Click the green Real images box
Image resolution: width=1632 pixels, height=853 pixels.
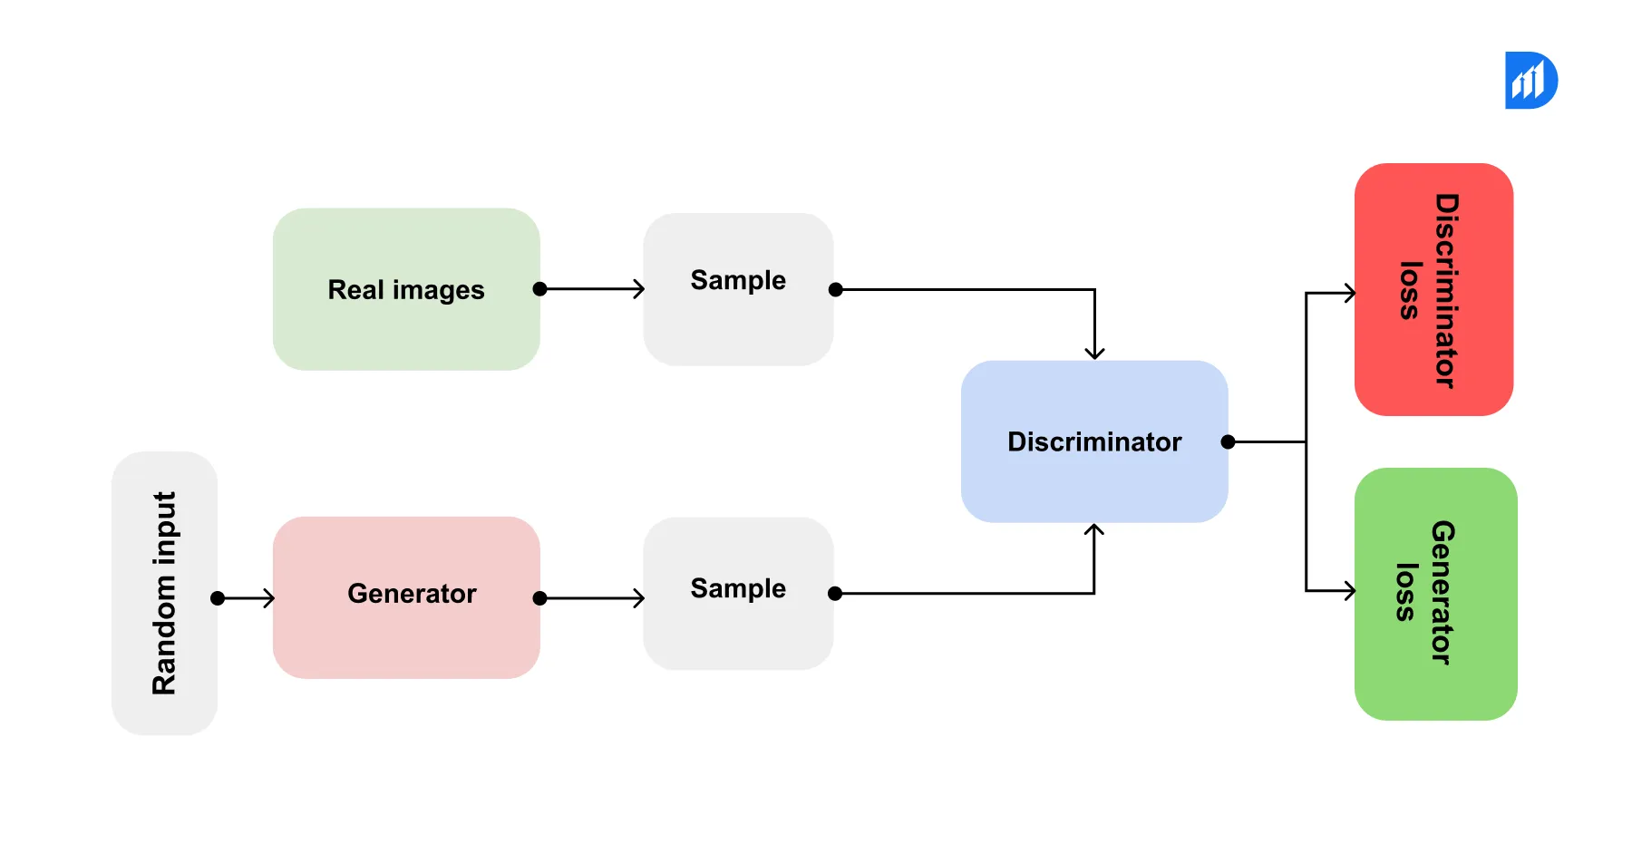[x=406, y=289]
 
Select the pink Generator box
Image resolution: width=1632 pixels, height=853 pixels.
[x=406, y=597]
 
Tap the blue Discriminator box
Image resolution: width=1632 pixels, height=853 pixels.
[x=1094, y=441]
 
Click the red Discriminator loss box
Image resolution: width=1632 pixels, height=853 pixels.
[x=1433, y=289]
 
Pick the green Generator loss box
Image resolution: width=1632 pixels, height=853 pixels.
[x=1435, y=594]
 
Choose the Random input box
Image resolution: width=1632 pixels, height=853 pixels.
[x=164, y=594]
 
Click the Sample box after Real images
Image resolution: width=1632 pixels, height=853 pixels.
[x=738, y=289]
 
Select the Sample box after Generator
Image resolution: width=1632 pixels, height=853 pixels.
[x=738, y=594]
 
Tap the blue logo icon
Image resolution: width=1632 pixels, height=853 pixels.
[x=1530, y=81]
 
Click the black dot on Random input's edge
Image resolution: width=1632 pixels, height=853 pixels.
[x=218, y=598]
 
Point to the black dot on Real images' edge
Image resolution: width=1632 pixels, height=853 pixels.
[x=540, y=289]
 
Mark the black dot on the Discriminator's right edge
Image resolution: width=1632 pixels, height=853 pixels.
[x=1228, y=441]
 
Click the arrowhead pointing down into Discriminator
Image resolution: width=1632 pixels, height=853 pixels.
[x=1094, y=354]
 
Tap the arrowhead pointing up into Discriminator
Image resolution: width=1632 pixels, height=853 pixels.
[x=1094, y=530]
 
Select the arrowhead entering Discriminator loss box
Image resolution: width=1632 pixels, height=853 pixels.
[x=1350, y=293]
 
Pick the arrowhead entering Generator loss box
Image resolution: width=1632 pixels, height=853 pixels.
[x=1350, y=591]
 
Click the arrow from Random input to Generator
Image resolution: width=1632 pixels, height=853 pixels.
[x=247, y=598]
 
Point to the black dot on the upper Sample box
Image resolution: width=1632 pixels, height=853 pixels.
[x=836, y=289]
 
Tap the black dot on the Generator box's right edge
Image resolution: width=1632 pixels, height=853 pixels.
[x=540, y=598]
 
